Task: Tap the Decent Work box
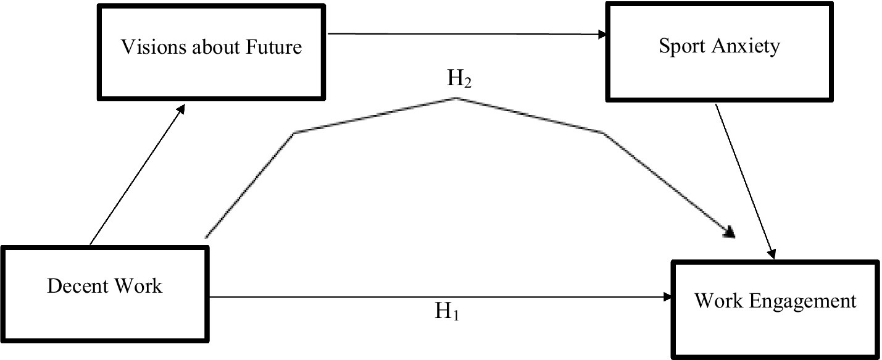pos(104,293)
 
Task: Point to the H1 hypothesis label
pos(447,312)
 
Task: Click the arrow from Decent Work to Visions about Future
pos(136,174)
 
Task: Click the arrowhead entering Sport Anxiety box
pos(602,35)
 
